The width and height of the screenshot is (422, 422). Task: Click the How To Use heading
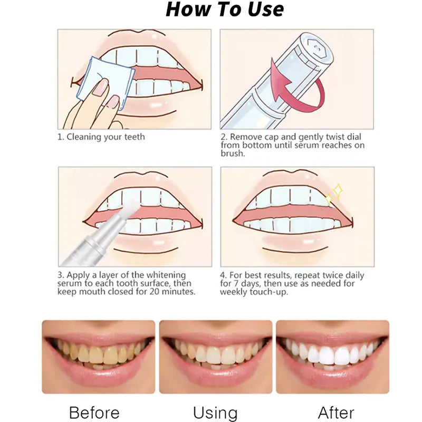[x=225, y=9]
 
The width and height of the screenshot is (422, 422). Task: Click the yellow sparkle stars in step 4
[x=334, y=195]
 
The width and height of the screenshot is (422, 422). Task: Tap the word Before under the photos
[x=94, y=412]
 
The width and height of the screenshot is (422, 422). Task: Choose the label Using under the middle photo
[x=215, y=412]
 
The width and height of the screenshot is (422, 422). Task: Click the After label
[x=336, y=412]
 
